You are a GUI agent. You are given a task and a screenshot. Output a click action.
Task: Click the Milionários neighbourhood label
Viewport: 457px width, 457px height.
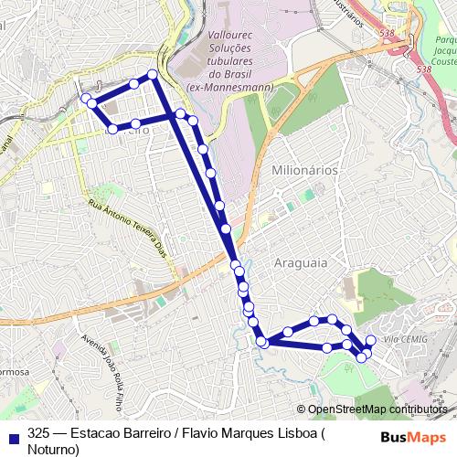point(305,170)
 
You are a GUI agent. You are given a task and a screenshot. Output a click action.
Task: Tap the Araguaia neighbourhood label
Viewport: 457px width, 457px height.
point(299,262)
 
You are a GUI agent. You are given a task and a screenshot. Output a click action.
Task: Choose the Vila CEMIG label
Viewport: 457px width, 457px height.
point(405,339)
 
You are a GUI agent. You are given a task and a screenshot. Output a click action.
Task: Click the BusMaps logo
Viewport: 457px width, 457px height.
point(414,436)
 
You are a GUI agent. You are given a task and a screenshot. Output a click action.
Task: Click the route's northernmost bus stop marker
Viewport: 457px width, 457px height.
point(152,74)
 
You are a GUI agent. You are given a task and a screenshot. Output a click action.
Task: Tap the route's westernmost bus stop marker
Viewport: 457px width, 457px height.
point(85,98)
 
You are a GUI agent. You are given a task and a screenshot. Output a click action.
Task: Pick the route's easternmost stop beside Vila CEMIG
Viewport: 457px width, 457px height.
point(370,341)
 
